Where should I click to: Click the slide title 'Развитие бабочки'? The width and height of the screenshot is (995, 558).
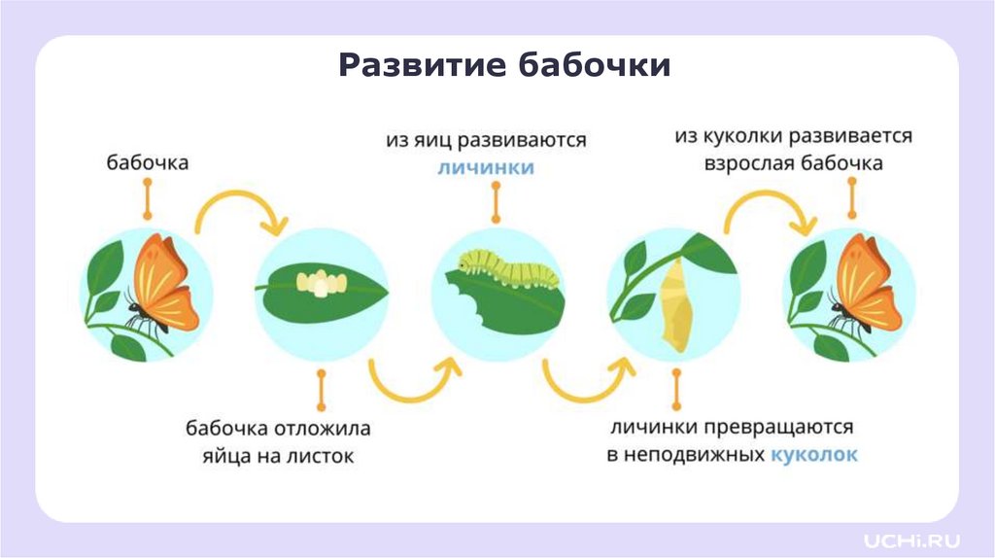click(x=504, y=66)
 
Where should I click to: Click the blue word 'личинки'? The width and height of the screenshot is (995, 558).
click(x=485, y=166)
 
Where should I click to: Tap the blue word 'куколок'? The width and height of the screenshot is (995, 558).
click(x=813, y=454)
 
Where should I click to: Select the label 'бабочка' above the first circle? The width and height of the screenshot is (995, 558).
click(x=148, y=163)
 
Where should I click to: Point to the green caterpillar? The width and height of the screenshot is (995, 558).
click(x=512, y=268)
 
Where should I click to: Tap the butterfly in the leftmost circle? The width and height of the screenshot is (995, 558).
click(x=162, y=287)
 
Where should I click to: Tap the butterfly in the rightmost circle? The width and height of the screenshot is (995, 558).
click(x=864, y=287)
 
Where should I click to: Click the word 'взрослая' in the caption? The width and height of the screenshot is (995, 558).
click(x=748, y=163)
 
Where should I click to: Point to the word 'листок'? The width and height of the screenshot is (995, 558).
click(x=322, y=455)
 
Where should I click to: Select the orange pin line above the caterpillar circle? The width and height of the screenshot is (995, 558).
click(x=497, y=203)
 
